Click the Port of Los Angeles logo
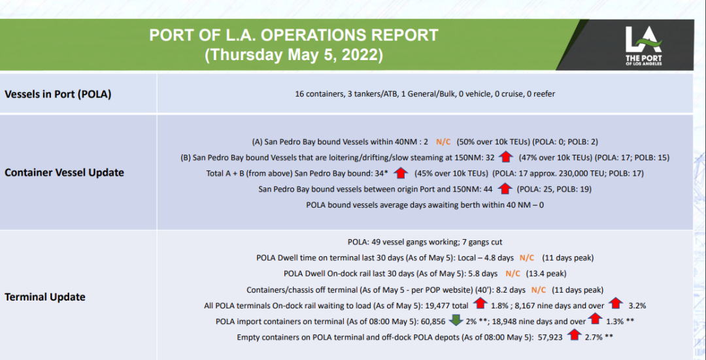click(643, 45)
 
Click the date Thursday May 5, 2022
click(294, 54)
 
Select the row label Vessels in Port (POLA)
click(58, 94)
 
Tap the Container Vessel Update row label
click(64, 172)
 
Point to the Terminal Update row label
click(45, 297)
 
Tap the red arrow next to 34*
click(402, 173)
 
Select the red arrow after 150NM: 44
click(505, 189)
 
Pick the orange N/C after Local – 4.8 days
click(526, 257)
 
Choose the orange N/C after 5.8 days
click(513, 274)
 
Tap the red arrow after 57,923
click(574, 336)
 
